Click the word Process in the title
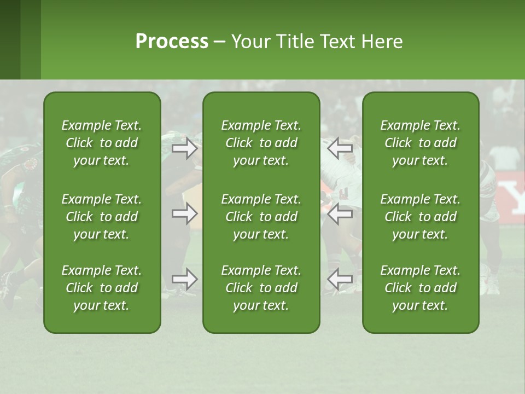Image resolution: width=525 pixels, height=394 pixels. [x=172, y=42]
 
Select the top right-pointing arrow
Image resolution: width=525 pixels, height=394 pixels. [x=184, y=148]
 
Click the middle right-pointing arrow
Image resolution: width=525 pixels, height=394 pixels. [x=184, y=213]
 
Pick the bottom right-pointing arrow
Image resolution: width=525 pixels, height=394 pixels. [x=184, y=279]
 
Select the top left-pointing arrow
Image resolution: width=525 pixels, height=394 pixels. [x=340, y=148]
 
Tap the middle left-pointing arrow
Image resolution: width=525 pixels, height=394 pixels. [x=340, y=213]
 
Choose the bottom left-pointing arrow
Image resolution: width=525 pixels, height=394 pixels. [x=340, y=279]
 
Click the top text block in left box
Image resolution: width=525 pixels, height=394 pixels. [x=102, y=143]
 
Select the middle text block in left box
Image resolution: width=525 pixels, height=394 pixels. [x=102, y=217]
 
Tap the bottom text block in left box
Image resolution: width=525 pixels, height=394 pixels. [x=102, y=288]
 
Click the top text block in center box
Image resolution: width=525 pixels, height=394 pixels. [x=261, y=143]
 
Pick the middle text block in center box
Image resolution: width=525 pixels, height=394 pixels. [x=261, y=217]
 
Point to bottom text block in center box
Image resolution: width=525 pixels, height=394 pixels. [x=261, y=288]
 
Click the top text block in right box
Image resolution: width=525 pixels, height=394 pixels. [x=420, y=143]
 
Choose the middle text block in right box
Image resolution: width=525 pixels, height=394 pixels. [x=420, y=217]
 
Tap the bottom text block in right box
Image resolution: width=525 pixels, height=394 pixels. [x=420, y=288]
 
